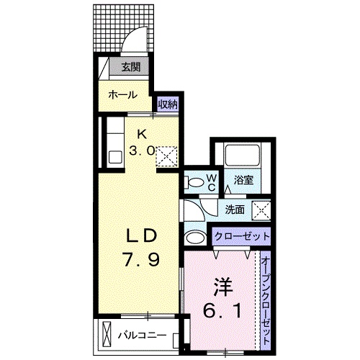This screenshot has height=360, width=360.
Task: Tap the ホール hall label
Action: click(x=123, y=94)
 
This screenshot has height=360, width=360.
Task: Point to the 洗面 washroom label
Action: click(x=235, y=210)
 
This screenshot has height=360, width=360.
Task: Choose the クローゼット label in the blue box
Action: click(x=242, y=235)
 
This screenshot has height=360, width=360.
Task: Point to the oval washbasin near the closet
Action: click(x=194, y=238)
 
